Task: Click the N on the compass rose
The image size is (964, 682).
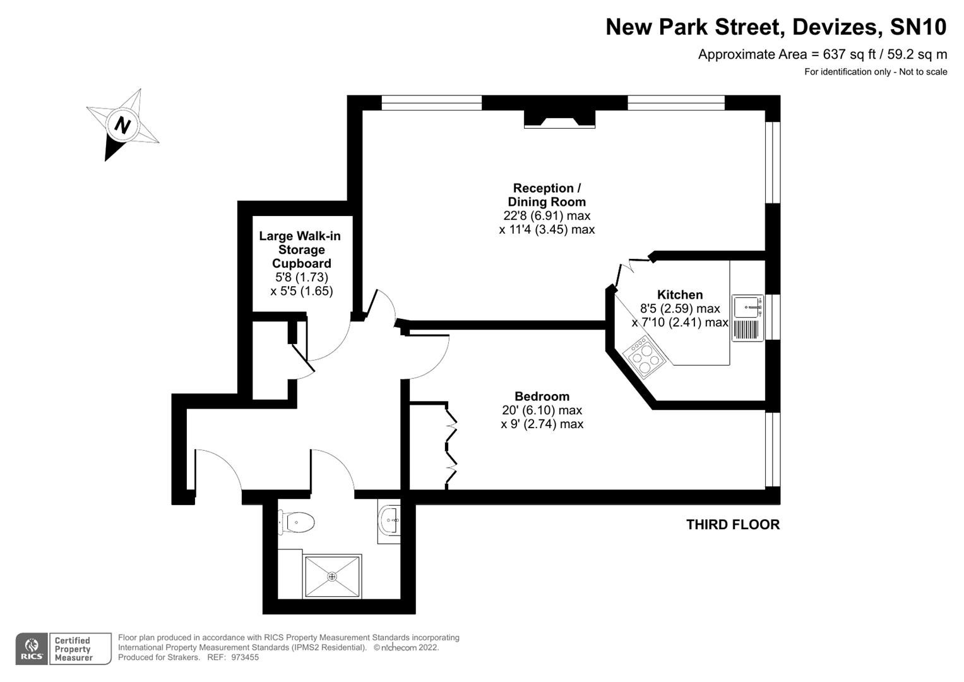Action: [122, 124]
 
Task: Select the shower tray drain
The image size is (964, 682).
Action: [332, 576]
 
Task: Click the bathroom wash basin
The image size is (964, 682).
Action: [390, 520]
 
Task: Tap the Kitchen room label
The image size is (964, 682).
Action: [680, 295]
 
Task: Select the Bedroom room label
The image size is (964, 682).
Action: [542, 397]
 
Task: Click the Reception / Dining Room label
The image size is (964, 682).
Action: [547, 195]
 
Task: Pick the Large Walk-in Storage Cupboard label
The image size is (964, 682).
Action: [301, 249]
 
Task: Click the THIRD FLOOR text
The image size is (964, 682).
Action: [732, 525]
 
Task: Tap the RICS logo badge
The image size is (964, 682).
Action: [31, 649]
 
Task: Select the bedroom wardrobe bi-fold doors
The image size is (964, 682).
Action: [451, 445]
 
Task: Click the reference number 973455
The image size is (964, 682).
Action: [245, 657]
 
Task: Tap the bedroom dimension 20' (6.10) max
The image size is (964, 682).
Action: [542, 410]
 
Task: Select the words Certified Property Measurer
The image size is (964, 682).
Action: [73, 649]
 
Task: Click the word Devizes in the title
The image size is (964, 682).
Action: [834, 27]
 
